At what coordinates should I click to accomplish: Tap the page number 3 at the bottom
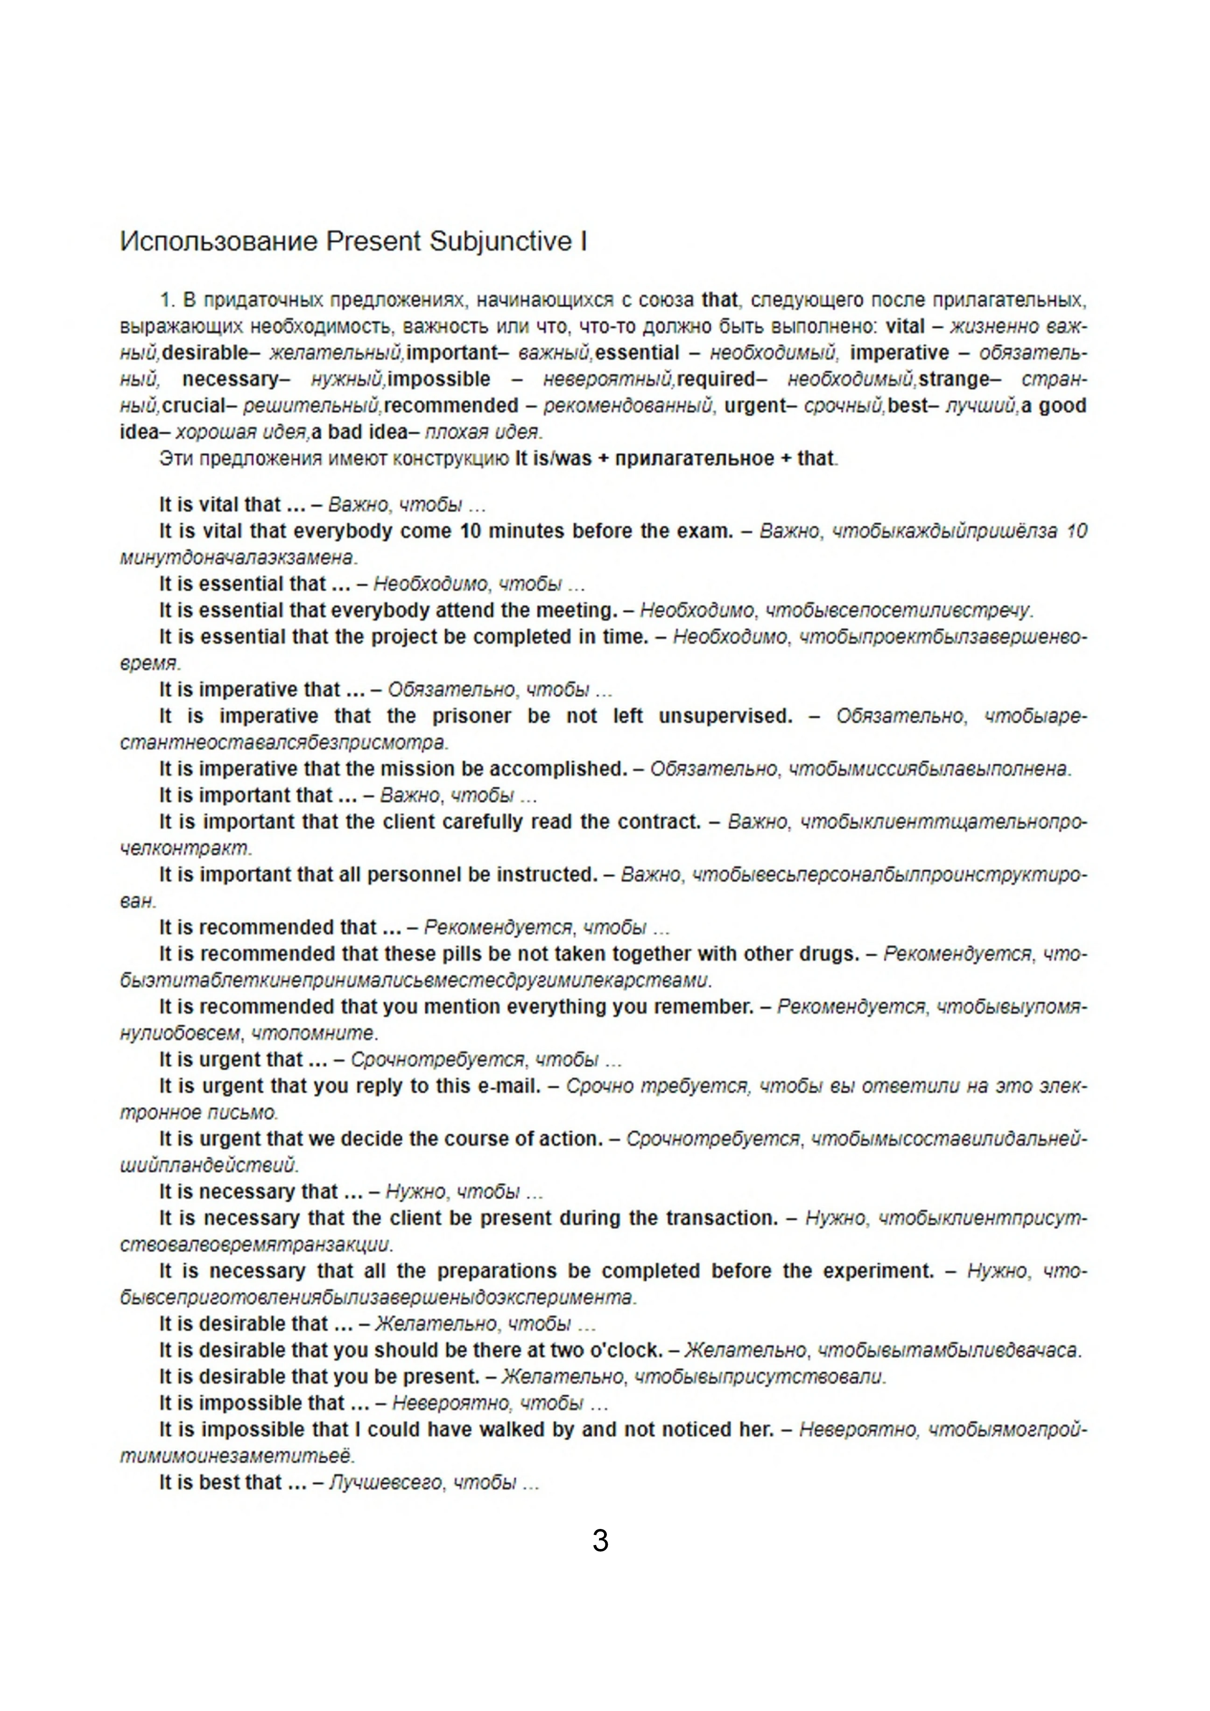600,1540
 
